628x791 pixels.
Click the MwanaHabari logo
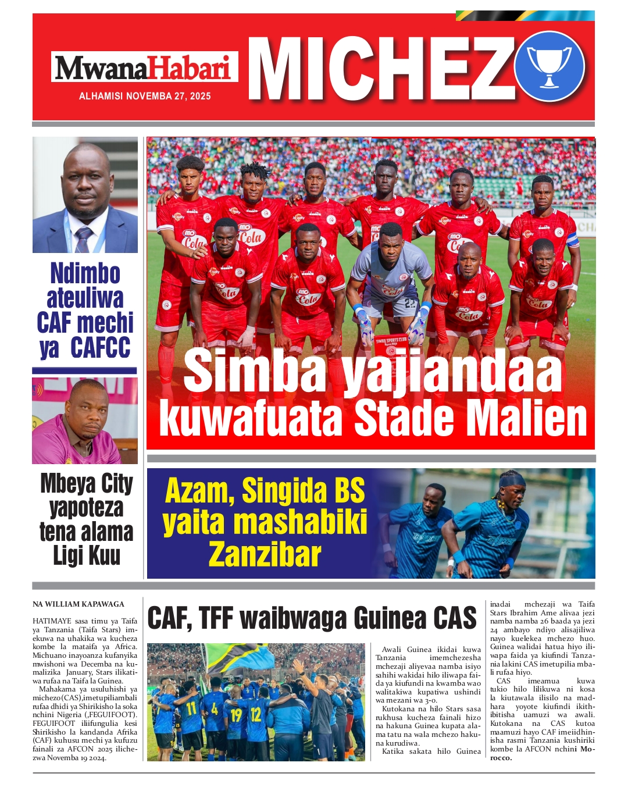click(144, 67)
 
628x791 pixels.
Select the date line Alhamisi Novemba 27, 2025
click(145, 96)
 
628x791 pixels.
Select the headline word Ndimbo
click(85, 273)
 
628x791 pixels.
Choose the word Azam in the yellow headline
click(198, 491)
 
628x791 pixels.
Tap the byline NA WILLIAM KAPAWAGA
click(78, 604)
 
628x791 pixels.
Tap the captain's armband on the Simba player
click(572, 239)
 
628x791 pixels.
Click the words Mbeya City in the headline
click(87, 484)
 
